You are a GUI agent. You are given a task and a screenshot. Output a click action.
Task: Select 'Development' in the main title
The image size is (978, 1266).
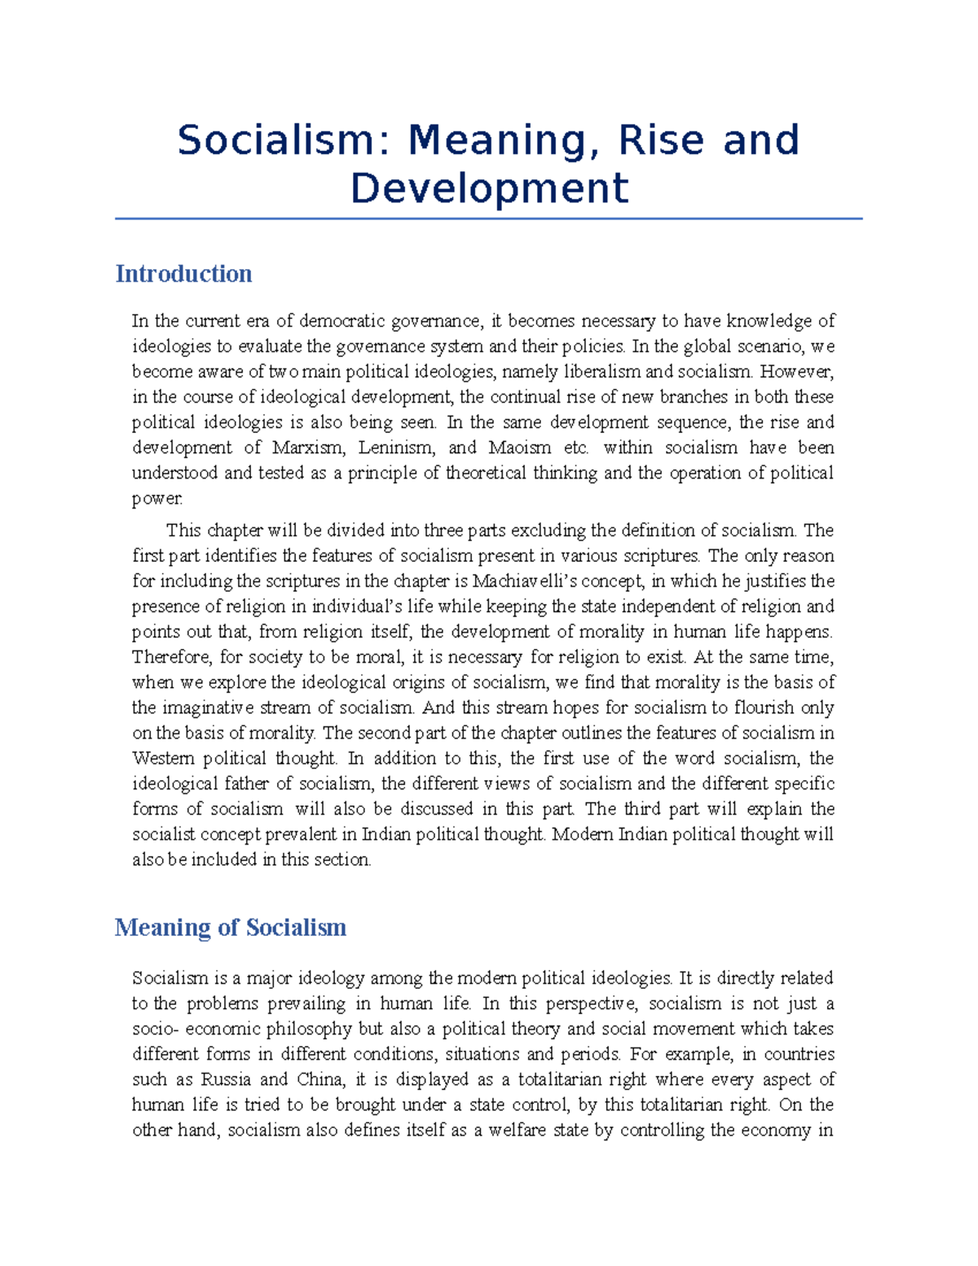(x=489, y=188)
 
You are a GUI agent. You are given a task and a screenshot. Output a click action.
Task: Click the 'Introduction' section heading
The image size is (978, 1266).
(x=183, y=274)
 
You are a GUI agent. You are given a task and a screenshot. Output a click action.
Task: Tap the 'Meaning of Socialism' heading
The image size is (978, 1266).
(x=231, y=928)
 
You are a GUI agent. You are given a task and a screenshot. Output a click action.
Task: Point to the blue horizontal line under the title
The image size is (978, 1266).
(x=489, y=218)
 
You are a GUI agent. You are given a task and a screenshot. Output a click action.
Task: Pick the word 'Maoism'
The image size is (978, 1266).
(x=519, y=448)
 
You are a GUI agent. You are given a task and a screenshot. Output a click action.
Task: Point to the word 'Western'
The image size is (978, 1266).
(x=163, y=758)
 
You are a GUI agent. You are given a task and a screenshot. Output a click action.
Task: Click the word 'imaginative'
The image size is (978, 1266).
(x=208, y=708)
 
